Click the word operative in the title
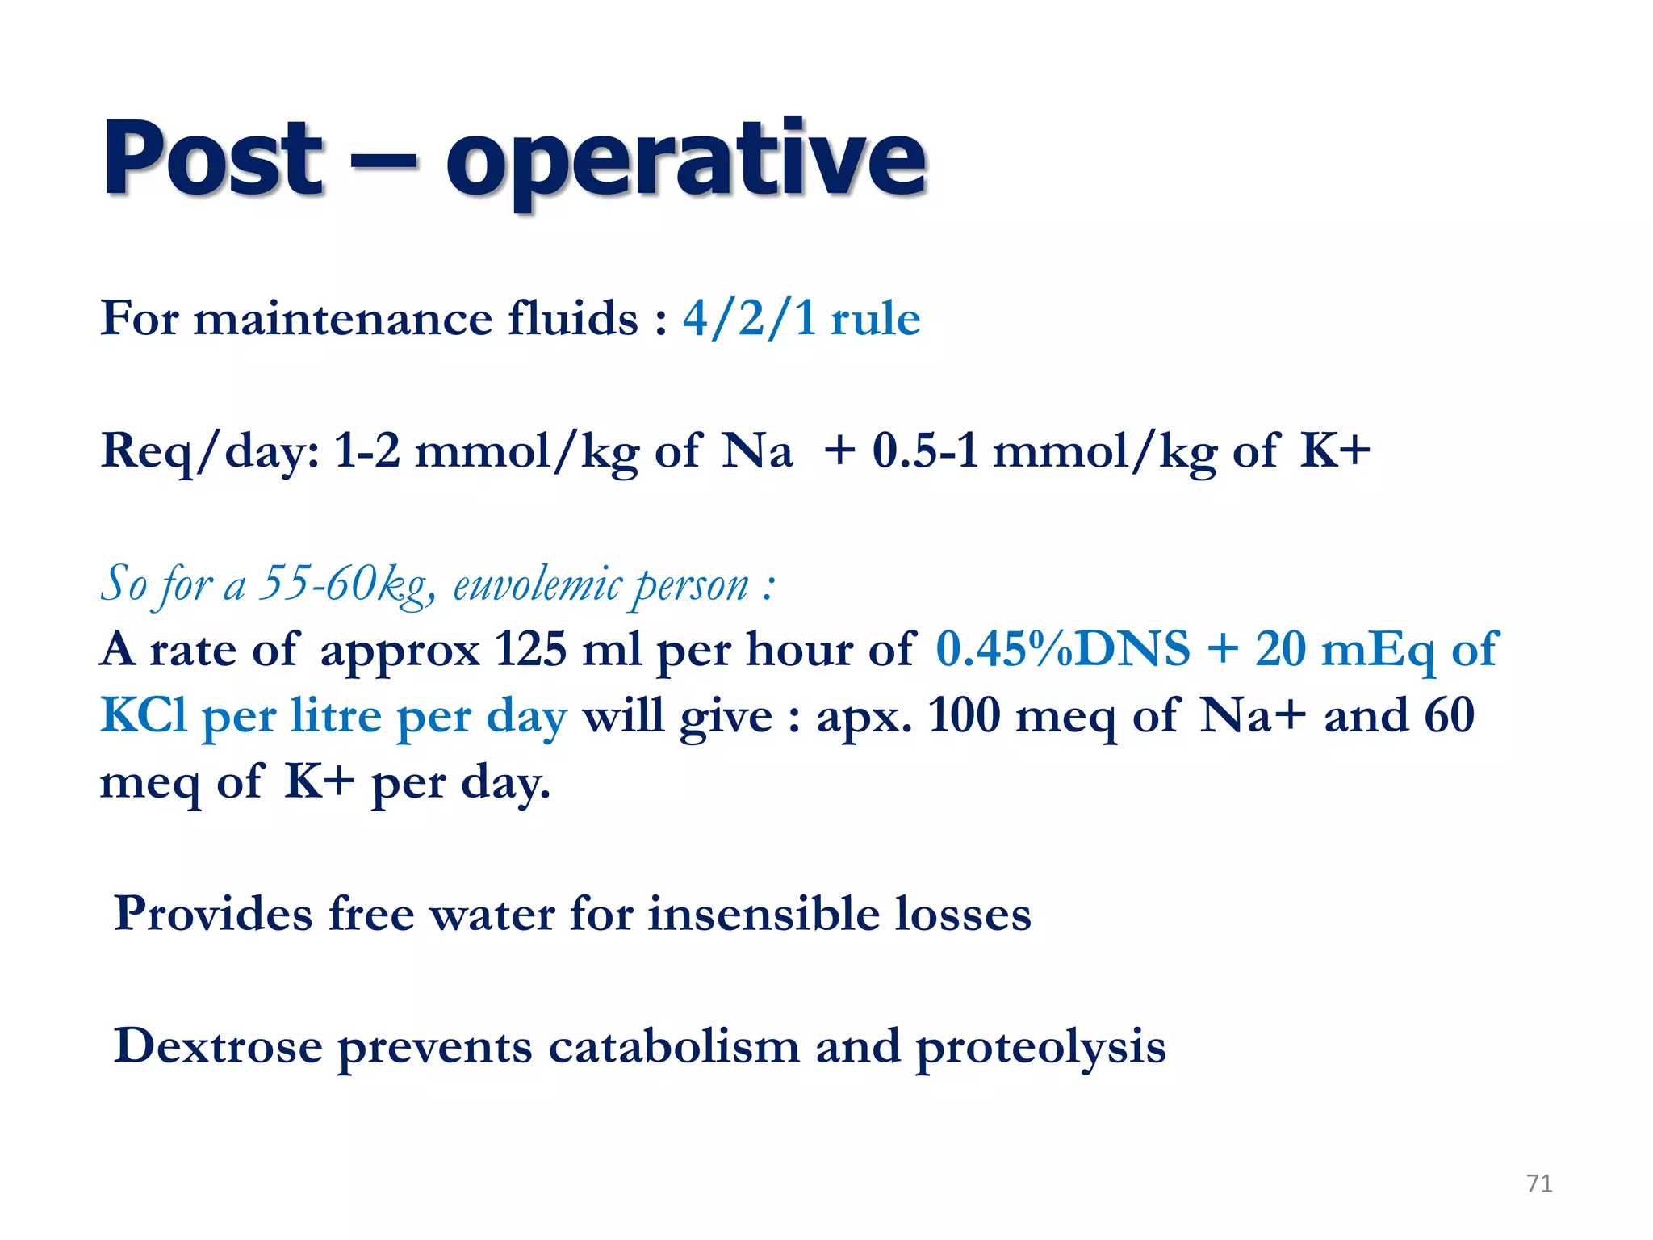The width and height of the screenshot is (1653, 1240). pyautogui.click(x=686, y=161)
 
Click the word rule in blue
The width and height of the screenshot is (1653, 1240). pyautogui.click(x=876, y=319)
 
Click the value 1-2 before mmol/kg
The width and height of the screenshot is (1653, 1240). pyautogui.click(x=367, y=450)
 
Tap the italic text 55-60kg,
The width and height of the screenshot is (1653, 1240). pyautogui.click(x=347, y=584)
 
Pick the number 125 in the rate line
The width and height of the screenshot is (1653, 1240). pyautogui.click(x=530, y=649)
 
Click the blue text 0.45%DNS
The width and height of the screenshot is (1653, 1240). pyautogui.click(x=1063, y=649)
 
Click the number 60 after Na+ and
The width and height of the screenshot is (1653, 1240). pyautogui.click(x=1449, y=715)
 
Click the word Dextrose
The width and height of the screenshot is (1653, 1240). pyautogui.click(x=218, y=1047)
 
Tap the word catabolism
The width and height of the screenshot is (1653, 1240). pyautogui.click(x=674, y=1047)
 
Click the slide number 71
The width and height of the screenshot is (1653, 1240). pyautogui.click(x=1539, y=1183)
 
